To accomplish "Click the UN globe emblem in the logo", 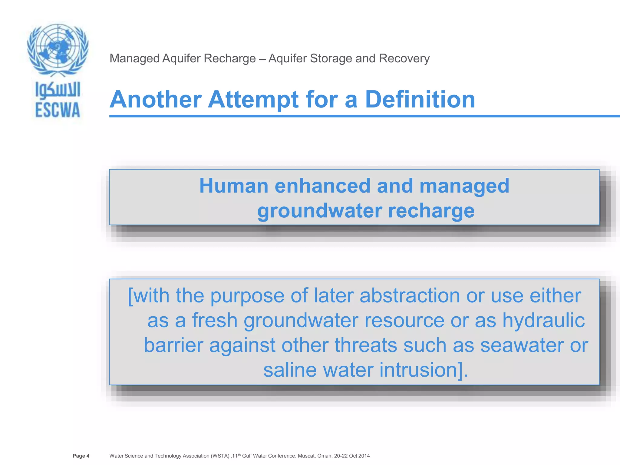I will (x=58, y=48).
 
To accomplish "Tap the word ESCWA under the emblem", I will (x=58, y=110).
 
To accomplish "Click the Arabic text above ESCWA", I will (x=58, y=90).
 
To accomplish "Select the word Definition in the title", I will (x=420, y=99).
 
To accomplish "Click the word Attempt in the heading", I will (x=254, y=100).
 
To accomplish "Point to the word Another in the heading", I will (x=156, y=99).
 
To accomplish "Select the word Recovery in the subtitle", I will (x=404, y=58).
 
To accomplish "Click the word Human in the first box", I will (x=233, y=186).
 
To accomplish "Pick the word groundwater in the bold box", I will (x=319, y=211).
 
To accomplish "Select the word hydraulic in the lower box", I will (x=543, y=320).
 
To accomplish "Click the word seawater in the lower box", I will (x=522, y=345).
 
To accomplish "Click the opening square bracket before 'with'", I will (x=130, y=296).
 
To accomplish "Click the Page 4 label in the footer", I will (x=81, y=456).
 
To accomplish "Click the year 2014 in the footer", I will (x=364, y=456).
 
